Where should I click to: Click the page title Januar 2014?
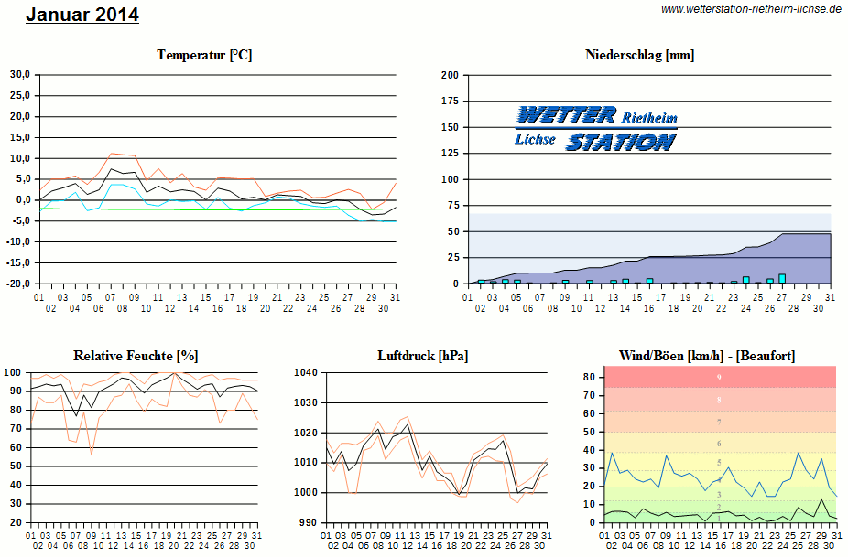click(82, 15)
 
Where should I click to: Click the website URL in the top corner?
click(751, 8)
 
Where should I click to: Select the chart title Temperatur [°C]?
click(204, 55)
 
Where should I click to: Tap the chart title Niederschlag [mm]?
click(639, 55)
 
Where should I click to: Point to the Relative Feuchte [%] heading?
click(136, 355)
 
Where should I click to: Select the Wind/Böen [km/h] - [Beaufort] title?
click(707, 355)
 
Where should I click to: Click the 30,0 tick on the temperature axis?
click(20, 75)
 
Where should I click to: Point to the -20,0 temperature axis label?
click(19, 284)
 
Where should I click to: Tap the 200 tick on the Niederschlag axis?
click(449, 75)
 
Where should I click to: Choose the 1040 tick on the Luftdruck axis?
click(306, 372)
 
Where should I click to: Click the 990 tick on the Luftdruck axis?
click(309, 522)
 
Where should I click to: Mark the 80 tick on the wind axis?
click(589, 377)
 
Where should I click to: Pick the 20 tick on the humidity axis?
click(16, 522)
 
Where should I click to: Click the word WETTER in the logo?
click(566, 115)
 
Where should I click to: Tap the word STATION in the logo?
click(620, 142)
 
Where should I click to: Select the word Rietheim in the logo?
click(650, 118)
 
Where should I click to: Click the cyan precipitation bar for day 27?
click(782, 278)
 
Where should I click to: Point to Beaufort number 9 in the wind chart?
click(719, 377)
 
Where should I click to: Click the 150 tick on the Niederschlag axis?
click(449, 127)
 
